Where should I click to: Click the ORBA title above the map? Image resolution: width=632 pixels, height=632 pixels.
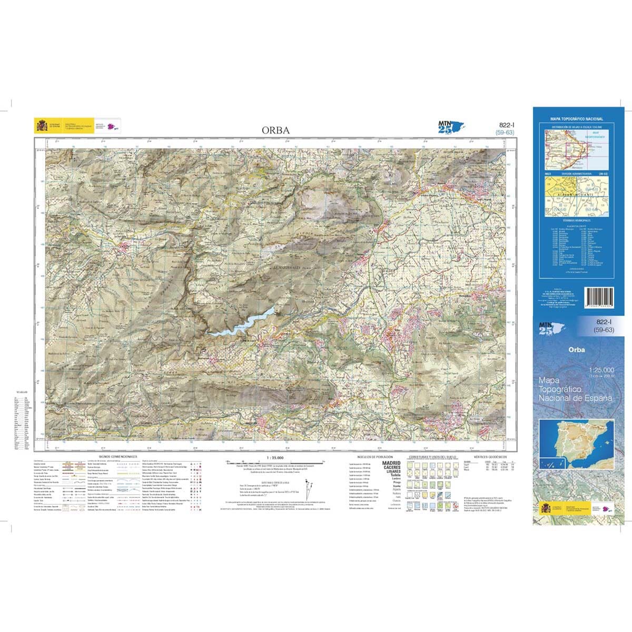[x=275, y=130]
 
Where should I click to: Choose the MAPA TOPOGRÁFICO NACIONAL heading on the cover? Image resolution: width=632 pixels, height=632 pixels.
[x=576, y=120]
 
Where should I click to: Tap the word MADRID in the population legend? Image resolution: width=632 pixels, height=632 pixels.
[x=391, y=463]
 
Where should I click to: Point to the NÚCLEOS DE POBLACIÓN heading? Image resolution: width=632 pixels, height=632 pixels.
[x=373, y=457]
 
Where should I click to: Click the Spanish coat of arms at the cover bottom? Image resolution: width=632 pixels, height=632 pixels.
[x=546, y=509]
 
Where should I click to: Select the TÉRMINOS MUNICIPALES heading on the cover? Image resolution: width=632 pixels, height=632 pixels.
[x=576, y=220]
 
